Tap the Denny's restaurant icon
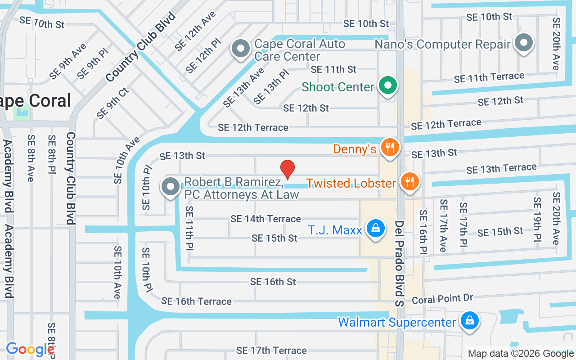pyautogui.click(x=390, y=147)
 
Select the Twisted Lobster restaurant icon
pyautogui.click(x=409, y=181)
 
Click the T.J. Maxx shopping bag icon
pyautogui.click(x=375, y=228)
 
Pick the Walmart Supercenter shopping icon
pyautogui.click(x=470, y=320)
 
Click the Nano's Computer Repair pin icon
pyautogui.click(x=523, y=43)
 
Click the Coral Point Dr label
pyautogui.click(x=442, y=299)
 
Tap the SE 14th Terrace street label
pyautogui.click(x=265, y=219)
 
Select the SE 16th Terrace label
pyautogui.click(x=196, y=301)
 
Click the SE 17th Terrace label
pyautogui.click(x=271, y=350)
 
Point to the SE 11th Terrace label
pyautogui.click(x=489, y=77)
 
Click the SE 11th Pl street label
pyautogui.click(x=189, y=228)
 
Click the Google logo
pyautogui.click(x=30, y=349)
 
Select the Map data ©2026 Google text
pyautogui.click(x=521, y=354)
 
